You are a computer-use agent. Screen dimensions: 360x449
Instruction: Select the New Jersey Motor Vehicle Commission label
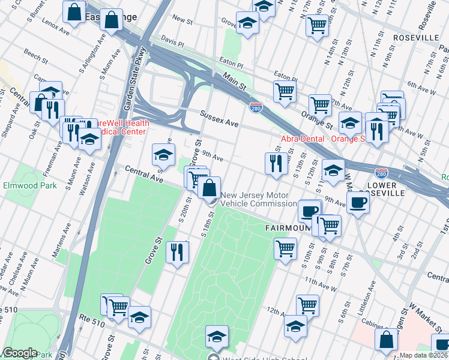tap(255, 199)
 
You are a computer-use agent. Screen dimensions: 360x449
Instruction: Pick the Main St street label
tap(235, 80)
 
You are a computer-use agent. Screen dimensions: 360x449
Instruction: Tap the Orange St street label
tap(317, 121)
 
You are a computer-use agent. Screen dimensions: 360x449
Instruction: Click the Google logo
tap(20, 353)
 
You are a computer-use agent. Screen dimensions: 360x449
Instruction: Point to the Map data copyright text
tap(424, 355)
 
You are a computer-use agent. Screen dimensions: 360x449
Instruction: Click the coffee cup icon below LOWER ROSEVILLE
tap(358, 203)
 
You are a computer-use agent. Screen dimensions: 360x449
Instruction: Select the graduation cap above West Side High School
tap(217, 336)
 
